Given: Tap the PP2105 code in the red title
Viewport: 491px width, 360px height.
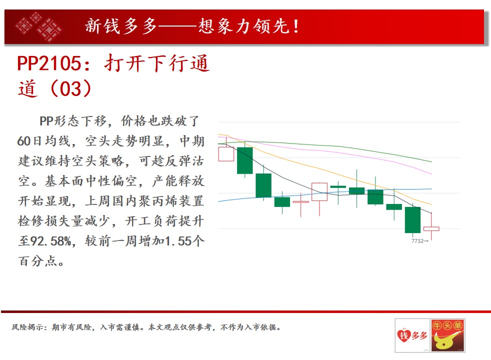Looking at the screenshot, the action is (x=49, y=63).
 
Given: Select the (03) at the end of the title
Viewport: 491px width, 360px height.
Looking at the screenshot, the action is (x=71, y=88).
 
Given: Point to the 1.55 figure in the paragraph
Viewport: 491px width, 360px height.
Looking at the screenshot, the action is (x=178, y=241).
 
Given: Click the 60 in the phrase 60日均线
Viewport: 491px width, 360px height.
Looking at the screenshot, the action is (x=24, y=141).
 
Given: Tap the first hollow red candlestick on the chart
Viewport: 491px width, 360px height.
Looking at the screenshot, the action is (x=226, y=153).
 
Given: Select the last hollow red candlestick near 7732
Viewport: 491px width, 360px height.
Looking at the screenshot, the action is (x=431, y=229).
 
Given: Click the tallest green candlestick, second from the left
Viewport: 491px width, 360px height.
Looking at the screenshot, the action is (x=245, y=160).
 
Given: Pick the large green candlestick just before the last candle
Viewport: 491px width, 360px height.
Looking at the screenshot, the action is (x=412, y=220).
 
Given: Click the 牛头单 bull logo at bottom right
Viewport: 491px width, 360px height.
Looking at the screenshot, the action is (x=448, y=335).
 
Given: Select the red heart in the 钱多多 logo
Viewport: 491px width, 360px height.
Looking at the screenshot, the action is (x=403, y=336).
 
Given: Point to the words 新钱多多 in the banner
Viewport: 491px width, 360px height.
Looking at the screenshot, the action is (x=120, y=26).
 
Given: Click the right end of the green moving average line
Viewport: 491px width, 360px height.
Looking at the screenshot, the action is (x=432, y=162).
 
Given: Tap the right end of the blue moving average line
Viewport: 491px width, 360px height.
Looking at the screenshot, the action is (x=432, y=189).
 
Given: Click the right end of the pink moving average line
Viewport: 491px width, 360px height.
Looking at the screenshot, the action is (x=432, y=173).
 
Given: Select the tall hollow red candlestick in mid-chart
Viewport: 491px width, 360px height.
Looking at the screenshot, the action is (x=319, y=191).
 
